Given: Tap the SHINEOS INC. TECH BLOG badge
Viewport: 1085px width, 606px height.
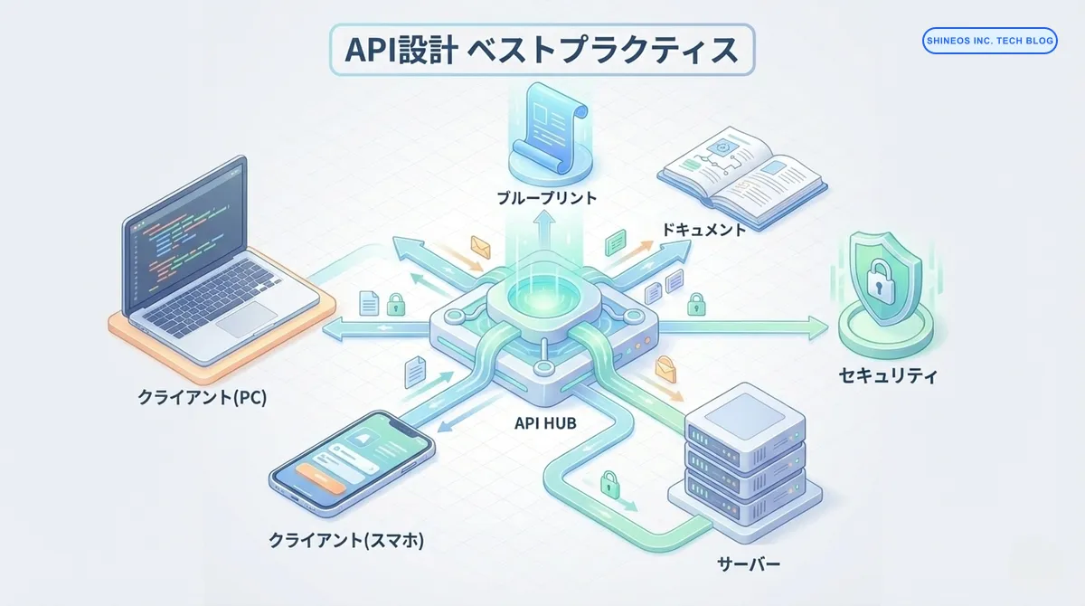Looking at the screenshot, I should [990, 41].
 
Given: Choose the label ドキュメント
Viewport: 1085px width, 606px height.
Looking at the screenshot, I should [704, 230].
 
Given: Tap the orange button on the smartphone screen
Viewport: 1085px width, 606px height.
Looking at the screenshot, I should [322, 481].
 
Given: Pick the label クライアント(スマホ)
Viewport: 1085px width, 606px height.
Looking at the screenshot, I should [346, 541].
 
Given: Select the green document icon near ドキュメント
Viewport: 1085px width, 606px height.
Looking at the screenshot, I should [616, 241].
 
